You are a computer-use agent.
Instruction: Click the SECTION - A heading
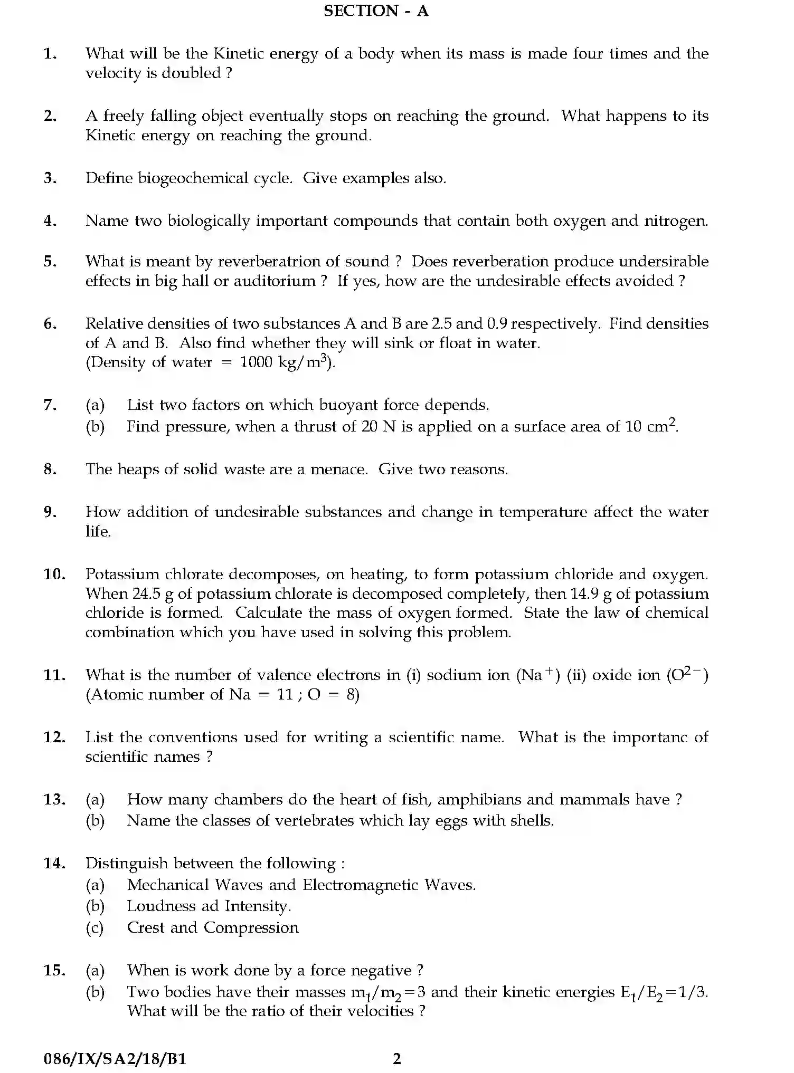(375, 11)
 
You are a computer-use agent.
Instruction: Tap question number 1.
(50, 53)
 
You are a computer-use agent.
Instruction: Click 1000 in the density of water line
(256, 362)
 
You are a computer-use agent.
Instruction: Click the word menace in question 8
(338, 470)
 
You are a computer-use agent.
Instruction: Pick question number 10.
(53, 574)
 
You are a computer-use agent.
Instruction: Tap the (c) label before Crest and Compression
(95, 928)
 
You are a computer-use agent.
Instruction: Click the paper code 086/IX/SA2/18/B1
(115, 1058)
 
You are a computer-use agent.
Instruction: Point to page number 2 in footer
(397, 1058)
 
